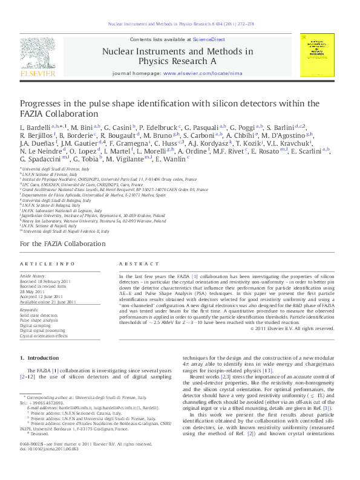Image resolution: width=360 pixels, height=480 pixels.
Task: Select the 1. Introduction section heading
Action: [x=40, y=358]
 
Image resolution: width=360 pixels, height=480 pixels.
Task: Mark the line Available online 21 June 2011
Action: [x=48, y=302]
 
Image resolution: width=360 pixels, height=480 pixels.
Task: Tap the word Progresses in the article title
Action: [x=43, y=103]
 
